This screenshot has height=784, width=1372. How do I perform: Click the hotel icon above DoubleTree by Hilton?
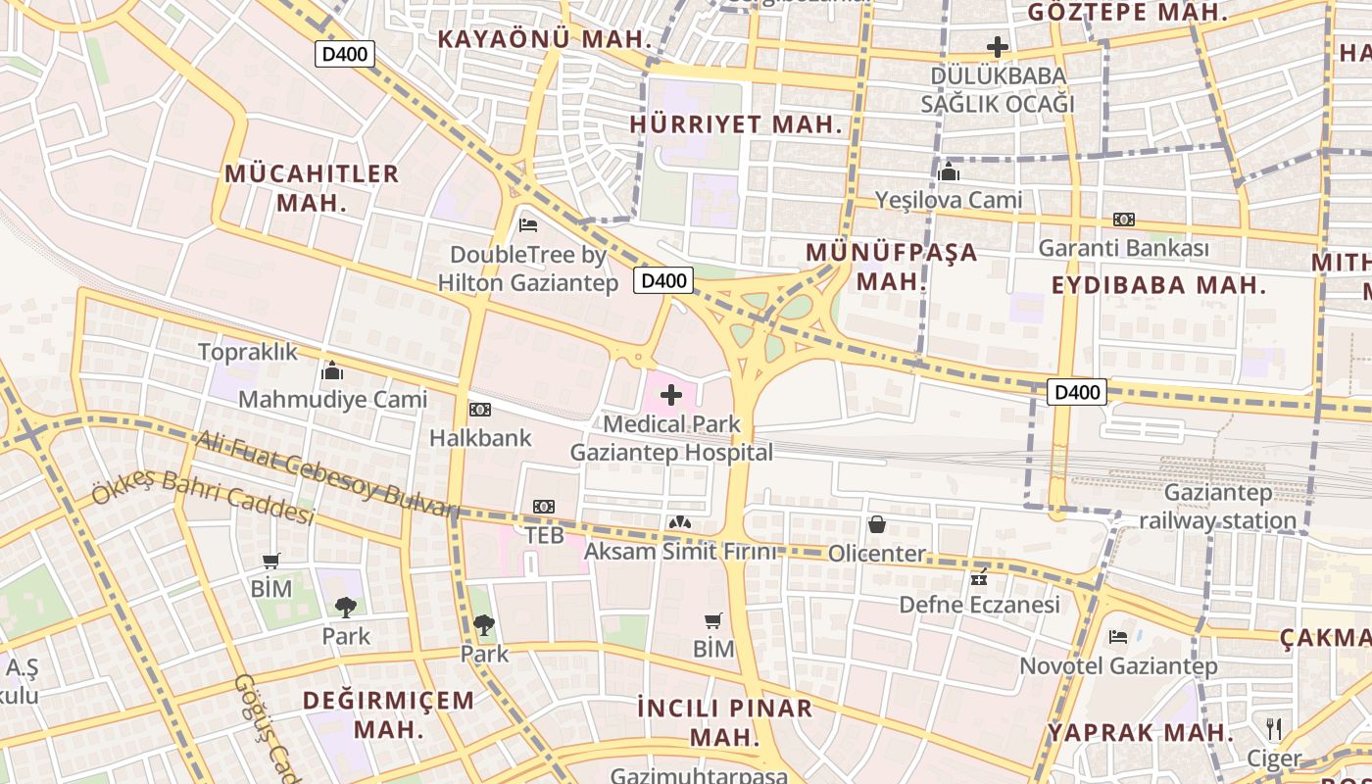[x=528, y=224]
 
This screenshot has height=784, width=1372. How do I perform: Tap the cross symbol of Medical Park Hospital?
[x=671, y=395]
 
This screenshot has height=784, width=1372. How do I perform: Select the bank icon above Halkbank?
[x=480, y=409]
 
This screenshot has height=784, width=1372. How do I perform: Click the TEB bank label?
[x=544, y=535]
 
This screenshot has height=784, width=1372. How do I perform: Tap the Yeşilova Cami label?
[x=948, y=200]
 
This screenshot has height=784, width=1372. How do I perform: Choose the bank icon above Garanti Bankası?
[x=1124, y=220]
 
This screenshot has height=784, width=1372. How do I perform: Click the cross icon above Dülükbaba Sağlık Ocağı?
[x=998, y=46]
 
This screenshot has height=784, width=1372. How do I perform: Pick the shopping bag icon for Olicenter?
[x=877, y=525]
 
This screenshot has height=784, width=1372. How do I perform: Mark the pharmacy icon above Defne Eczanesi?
[x=979, y=576]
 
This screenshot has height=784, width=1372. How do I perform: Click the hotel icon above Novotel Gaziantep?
[x=1118, y=637]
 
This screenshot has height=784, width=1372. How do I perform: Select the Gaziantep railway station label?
[x=1217, y=506]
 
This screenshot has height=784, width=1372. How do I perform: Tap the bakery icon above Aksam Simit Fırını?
[x=679, y=523]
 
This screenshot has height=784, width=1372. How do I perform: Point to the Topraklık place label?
[x=248, y=352]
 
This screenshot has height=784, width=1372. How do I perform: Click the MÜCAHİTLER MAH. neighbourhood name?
[x=312, y=188]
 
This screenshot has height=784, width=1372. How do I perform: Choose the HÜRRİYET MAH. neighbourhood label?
[x=736, y=124]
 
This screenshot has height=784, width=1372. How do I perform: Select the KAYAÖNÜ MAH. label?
[x=545, y=39]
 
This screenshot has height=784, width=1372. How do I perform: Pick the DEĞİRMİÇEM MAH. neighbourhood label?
[x=389, y=714]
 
